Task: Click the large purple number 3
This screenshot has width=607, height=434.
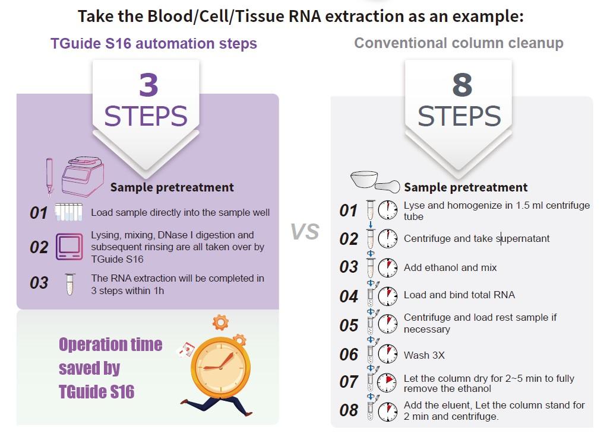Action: [x=148, y=85]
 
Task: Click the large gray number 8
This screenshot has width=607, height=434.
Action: [x=462, y=85]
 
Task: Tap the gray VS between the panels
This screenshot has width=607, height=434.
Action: [x=305, y=231]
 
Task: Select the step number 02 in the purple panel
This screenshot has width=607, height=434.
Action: [x=39, y=247]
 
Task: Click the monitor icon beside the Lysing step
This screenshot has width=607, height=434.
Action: [x=69, y=247]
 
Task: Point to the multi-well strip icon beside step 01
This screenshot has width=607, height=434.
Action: [x=68, y=212]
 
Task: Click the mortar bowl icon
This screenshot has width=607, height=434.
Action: [x=364, y=179]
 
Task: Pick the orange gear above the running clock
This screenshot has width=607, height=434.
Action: [x=220, y=323]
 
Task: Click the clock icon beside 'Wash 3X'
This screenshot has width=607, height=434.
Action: [x=387, y=353]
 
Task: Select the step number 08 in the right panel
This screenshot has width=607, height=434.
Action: [x=349, y=410]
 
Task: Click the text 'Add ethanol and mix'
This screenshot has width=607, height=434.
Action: [x=450, y=267]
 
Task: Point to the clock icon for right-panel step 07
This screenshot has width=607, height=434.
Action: [x=387, y=382]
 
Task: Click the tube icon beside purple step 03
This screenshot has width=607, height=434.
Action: [x=69, y=284]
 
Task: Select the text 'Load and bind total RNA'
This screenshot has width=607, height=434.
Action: [x=459, y=295]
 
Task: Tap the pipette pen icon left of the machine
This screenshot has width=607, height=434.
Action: [x=49, y=177]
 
